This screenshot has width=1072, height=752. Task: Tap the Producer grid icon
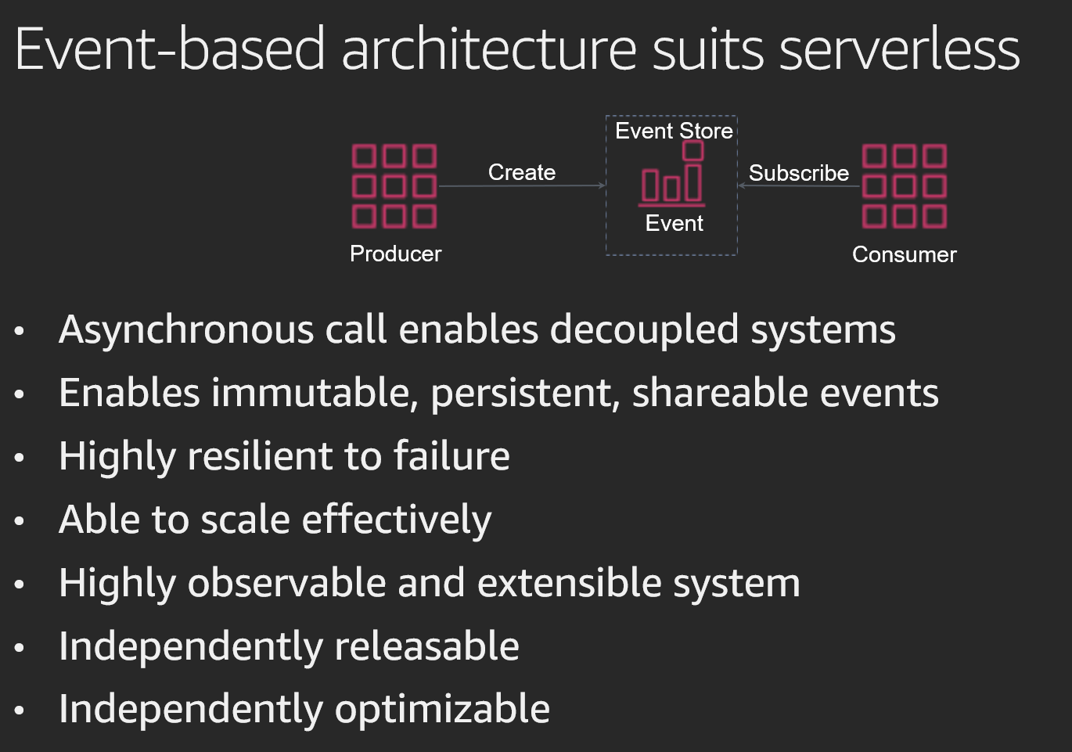(394, 186)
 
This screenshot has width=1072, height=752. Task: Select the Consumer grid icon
(905, 186)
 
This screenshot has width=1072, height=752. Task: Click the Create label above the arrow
(522, 172)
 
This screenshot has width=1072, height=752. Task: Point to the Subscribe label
(799, 173)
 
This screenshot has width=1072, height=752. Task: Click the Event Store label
(674, 131)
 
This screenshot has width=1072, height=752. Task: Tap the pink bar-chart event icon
(672, 174)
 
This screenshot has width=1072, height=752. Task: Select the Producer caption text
(395, 254)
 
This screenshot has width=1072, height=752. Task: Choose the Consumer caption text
(905, 254)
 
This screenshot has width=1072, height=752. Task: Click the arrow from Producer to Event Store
(522, 185)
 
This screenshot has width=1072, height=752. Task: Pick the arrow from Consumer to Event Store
(799, 185)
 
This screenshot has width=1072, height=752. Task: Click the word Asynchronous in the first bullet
(186, 331)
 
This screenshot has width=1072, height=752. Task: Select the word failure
(451, 455)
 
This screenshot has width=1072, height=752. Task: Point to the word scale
(245, 520)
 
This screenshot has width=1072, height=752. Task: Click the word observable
(286, 582)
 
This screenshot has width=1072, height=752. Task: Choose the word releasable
(427, 646)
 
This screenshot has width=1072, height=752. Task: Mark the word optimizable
(442, 710)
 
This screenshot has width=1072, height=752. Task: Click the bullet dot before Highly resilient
(19, 458)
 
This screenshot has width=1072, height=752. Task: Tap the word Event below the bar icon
(674, 224)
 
